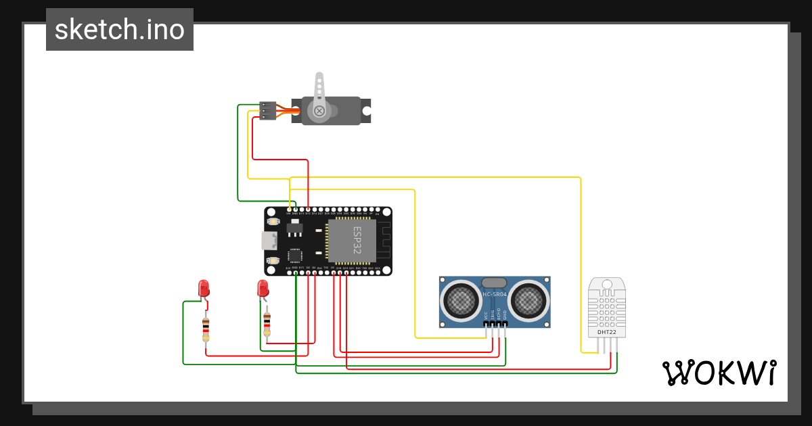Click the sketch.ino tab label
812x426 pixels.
[120, 30]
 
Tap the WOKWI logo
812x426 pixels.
[719, 373]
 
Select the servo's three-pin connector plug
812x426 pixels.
[268, 111]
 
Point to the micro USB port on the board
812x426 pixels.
[269, 240]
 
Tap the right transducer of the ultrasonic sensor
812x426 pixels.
[528, 299]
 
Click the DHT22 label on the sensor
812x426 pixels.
[606, 332]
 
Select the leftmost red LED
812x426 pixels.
[203, 289]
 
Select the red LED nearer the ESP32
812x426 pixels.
[263, 289]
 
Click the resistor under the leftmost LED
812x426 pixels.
[206, 329]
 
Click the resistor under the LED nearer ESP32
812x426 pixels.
[267, 324]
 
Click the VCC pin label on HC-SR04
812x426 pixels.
[486, 315]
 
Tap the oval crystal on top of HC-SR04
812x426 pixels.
[495, 282]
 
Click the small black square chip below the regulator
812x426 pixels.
[295, 256]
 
